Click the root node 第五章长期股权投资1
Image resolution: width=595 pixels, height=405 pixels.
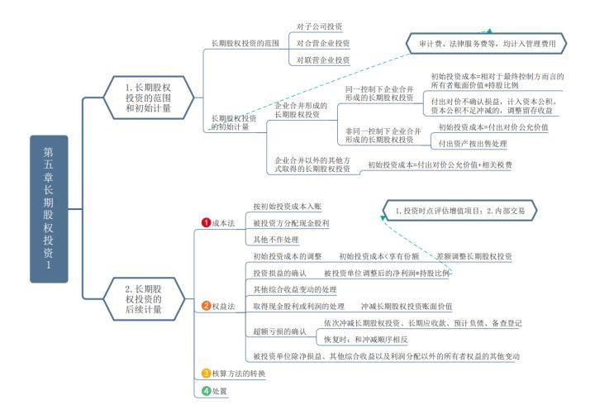pyautogui.click(x=48, y=208)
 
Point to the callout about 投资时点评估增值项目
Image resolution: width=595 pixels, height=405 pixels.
pyautogui.click(x=460, y=211)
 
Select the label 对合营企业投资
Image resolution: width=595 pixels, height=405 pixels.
pyautogui.click(x=323, y=43)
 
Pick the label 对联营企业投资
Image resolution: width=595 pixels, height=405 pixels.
pyautogui.click(x=323, y=60)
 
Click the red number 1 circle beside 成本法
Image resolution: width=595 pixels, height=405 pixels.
pyautogui.click(x=207, y=222)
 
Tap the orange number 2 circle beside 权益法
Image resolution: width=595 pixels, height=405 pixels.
pyautogui.click(x=207, y=307)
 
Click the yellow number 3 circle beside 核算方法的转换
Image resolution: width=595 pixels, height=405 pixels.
pyautogui.click(x=207, y=374)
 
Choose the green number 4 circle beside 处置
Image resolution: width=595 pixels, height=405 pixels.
pyautogui.click(x=207, y=390)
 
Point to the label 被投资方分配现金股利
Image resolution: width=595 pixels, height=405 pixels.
pyautogui.click(x=291, y=222)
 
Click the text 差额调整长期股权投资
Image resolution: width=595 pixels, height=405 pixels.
pyautogui.click(x=474, y=256)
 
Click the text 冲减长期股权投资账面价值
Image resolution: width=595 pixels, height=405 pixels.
pyautogui.click(x=406, y=306)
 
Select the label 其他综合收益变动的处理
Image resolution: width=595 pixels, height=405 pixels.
pyautogui.click(x=295, y=289)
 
